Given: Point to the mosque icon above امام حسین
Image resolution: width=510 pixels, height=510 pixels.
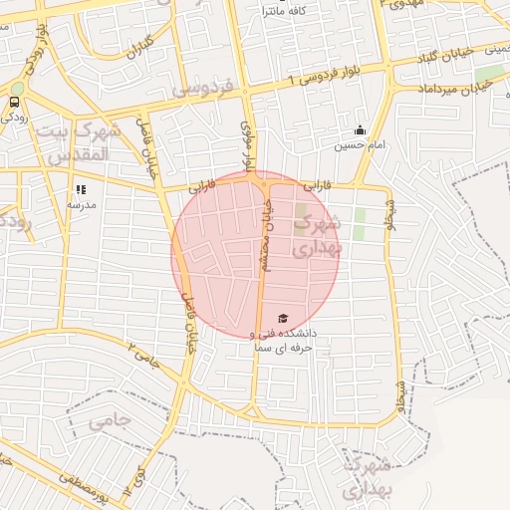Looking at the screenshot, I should click(360, 129).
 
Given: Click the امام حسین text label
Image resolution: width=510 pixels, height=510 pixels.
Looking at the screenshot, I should click(357, 145).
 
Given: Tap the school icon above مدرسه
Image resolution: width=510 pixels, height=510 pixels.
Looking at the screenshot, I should click(81, 187).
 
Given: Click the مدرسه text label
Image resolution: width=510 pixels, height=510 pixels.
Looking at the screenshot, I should click(81, 203).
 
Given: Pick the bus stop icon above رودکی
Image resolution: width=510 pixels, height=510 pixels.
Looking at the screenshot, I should click(14, 102).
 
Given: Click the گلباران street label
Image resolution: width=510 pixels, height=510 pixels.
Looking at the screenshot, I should click(138, 46).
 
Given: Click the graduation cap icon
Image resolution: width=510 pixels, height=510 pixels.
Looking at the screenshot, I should click(284, 318).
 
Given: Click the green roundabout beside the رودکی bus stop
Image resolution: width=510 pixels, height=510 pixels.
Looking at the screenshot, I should click(18, 87).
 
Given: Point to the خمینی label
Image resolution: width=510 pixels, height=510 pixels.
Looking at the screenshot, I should click(498, 48).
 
